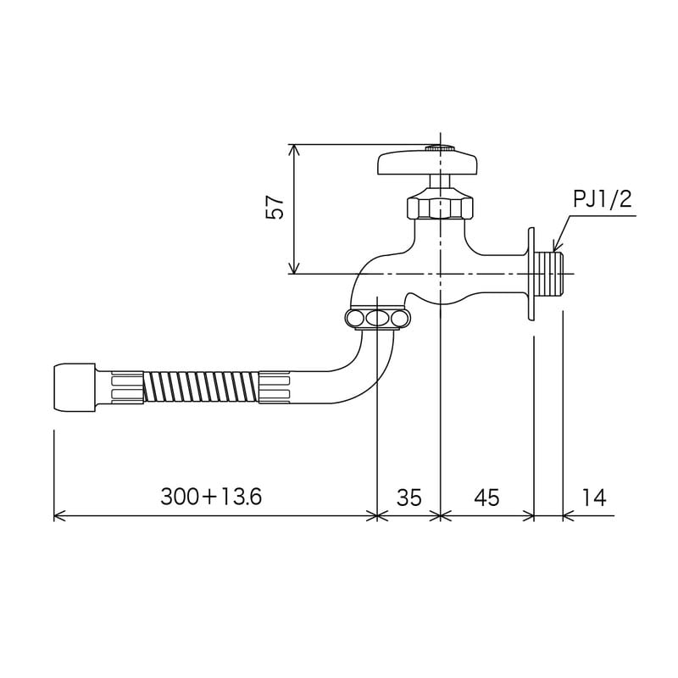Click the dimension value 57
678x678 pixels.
275,208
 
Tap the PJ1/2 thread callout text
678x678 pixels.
602,200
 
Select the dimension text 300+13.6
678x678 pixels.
211,497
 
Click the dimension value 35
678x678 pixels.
408,497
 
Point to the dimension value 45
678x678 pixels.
486,497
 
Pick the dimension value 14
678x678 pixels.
595,497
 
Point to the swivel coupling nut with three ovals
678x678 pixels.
377,318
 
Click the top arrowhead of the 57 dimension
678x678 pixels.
294,150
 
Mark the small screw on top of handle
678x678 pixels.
439,147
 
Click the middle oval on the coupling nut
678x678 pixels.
377,318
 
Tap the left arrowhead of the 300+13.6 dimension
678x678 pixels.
58,515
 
